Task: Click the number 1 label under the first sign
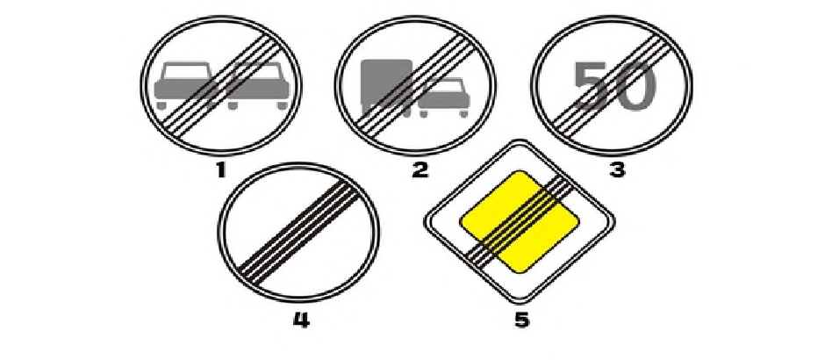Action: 221,170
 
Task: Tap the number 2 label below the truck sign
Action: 420,170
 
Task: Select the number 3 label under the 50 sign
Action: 617,170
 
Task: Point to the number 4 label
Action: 301,320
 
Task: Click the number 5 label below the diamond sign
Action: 521,320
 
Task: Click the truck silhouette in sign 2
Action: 386,87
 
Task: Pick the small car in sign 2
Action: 443,96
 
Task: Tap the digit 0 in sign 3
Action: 635,86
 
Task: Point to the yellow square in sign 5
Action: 520,221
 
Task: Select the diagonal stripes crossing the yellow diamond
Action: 520,220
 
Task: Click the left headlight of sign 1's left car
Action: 161,88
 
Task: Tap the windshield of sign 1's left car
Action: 186,71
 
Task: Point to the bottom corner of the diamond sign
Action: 520,303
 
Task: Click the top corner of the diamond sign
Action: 520,140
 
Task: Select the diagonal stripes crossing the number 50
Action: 611,85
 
